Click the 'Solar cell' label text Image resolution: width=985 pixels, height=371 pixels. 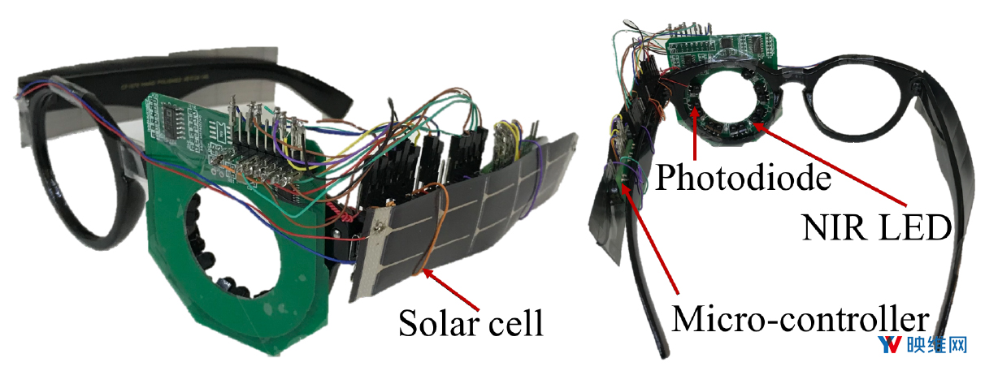point(471,323)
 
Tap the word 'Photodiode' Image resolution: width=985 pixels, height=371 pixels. point(743,177)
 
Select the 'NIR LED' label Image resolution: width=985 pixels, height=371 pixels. point(877,227)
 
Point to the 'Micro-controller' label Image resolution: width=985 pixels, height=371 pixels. point(801,319)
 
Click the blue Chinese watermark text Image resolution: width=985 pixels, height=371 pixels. point(937,346)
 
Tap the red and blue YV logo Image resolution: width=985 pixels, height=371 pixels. point(890,345)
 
